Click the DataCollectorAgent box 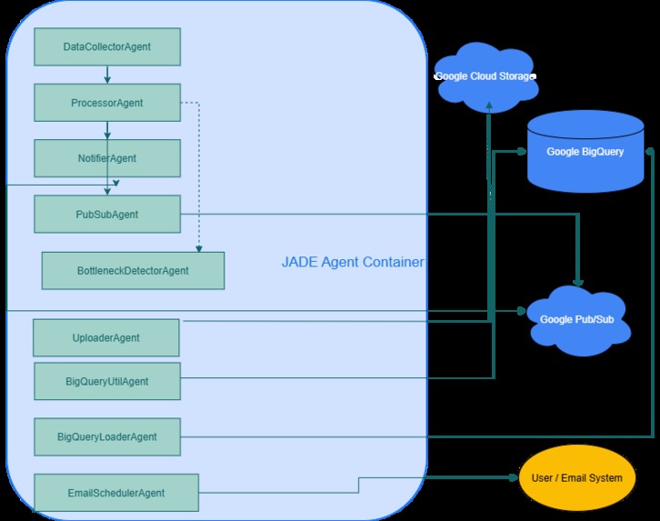click(106, 46)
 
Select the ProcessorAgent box click(106, 103)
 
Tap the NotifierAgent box click(106, 158)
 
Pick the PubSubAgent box click(106, 214)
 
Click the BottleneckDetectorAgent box click(133, 271)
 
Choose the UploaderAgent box click(105, 338)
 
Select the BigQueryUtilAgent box click(106, 381)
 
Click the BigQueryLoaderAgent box click(106, 436)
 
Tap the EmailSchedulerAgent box click(115, 493)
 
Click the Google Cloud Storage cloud click(485, 76)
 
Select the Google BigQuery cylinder click(585, 151)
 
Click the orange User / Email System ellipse click(576, 477)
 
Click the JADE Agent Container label click(353, 263)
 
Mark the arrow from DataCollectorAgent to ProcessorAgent click(107, 75)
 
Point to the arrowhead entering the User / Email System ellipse click(513, 477)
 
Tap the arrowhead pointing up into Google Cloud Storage click(489, 107)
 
